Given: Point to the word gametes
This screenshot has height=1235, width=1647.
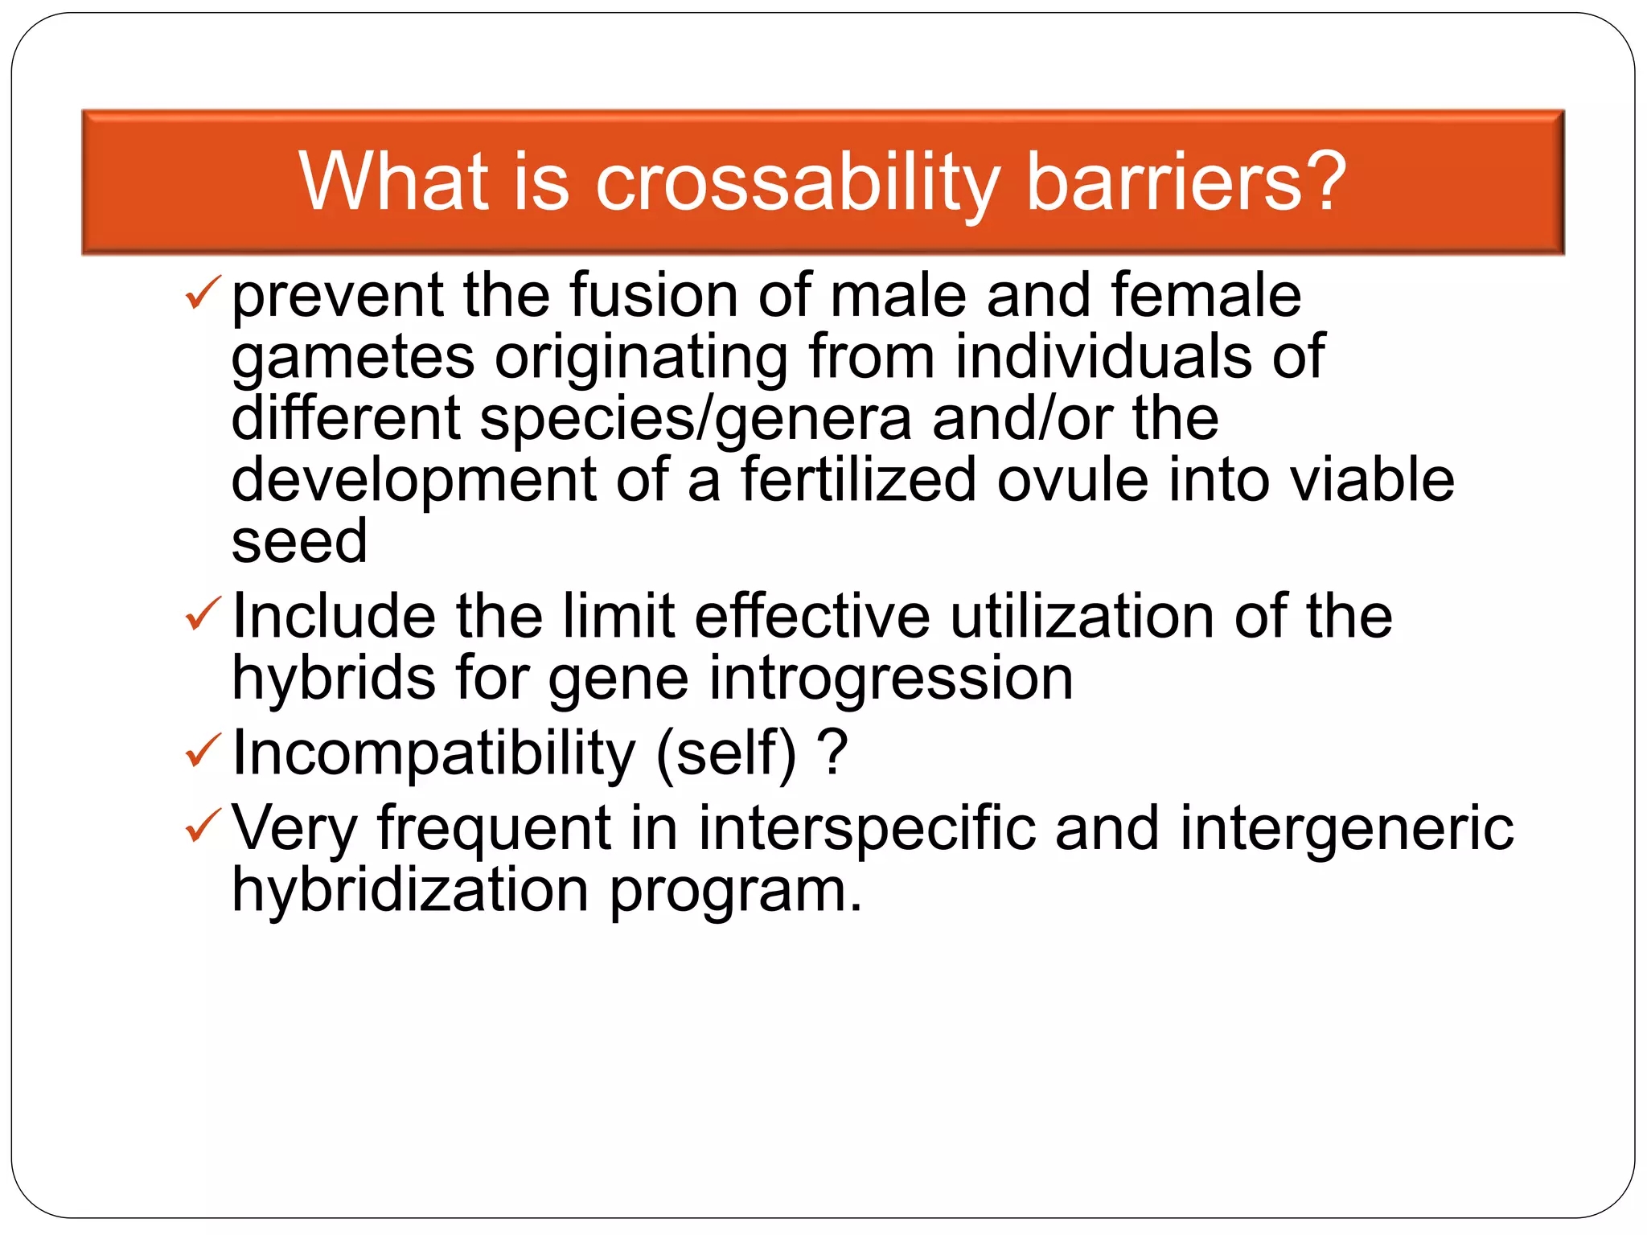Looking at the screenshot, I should pyautogui.click(x=353, y=359).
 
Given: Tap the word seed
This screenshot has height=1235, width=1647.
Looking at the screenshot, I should pyautogui.click(x=299, y=541).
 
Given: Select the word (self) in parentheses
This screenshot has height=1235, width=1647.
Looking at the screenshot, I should pyautogui.click(x=726, y=753).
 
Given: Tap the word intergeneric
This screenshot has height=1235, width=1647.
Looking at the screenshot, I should pyautogui.click(x=1346, y=828).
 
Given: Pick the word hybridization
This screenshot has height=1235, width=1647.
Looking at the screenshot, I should pyautogui.click(x=410, y=890).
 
